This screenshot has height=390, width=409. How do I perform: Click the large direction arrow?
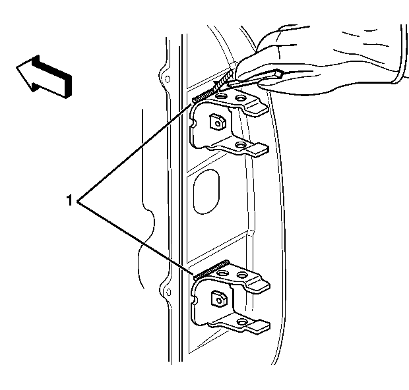click(43, 76)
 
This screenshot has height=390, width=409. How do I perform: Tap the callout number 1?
click(69, 200)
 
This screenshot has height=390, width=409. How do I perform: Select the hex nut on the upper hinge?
click(217, 121)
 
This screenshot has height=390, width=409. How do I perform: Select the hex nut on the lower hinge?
click(218, 298)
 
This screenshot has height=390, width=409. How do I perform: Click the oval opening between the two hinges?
click(206, 192)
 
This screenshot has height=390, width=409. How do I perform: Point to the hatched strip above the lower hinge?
click(211, 270)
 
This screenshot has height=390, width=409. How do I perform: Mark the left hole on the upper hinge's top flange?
click(222, 96)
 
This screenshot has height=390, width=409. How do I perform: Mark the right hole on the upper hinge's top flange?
click(240, 98)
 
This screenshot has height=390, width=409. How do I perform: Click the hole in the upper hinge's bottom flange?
click(241, 144)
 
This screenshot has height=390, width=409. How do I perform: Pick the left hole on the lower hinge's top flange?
click(223, 273)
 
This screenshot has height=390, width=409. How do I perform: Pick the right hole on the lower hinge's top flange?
click(242, 275)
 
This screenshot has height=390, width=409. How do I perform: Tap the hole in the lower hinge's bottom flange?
click(242, 321)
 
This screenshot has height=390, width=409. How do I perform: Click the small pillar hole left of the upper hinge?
click(168, 79)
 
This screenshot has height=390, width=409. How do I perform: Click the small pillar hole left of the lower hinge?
click(168, 292)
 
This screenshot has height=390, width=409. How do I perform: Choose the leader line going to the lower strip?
click(136, 238)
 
